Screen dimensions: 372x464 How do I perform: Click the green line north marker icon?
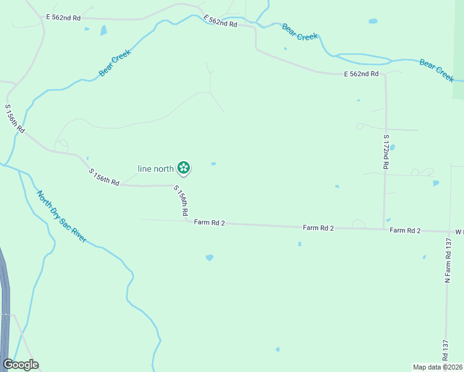[184, 167]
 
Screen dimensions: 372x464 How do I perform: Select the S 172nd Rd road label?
[386, 153]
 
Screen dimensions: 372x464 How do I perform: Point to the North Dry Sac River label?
[61, 216]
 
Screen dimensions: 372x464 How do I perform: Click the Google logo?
[20, 365]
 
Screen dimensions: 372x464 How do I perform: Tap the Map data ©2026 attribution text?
[437, 366]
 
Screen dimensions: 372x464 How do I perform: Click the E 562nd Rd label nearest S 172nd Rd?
[361, 74]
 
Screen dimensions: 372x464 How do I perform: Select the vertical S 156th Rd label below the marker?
[181, 201]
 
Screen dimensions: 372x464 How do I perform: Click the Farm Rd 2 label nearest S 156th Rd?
[209, 223]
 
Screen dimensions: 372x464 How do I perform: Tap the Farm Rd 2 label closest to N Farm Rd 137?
[405, 231]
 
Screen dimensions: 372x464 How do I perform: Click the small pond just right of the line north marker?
[213, 164]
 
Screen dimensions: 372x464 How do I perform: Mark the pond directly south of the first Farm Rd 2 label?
[209, 257]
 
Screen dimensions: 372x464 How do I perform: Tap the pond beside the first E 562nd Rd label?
[103, 30]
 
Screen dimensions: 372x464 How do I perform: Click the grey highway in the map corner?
[4, 298]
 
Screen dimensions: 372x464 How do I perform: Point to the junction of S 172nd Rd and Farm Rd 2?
[384, 229]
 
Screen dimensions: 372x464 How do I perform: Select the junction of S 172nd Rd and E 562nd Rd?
[385, 75]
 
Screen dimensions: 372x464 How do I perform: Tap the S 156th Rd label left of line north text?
[104, 177]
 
